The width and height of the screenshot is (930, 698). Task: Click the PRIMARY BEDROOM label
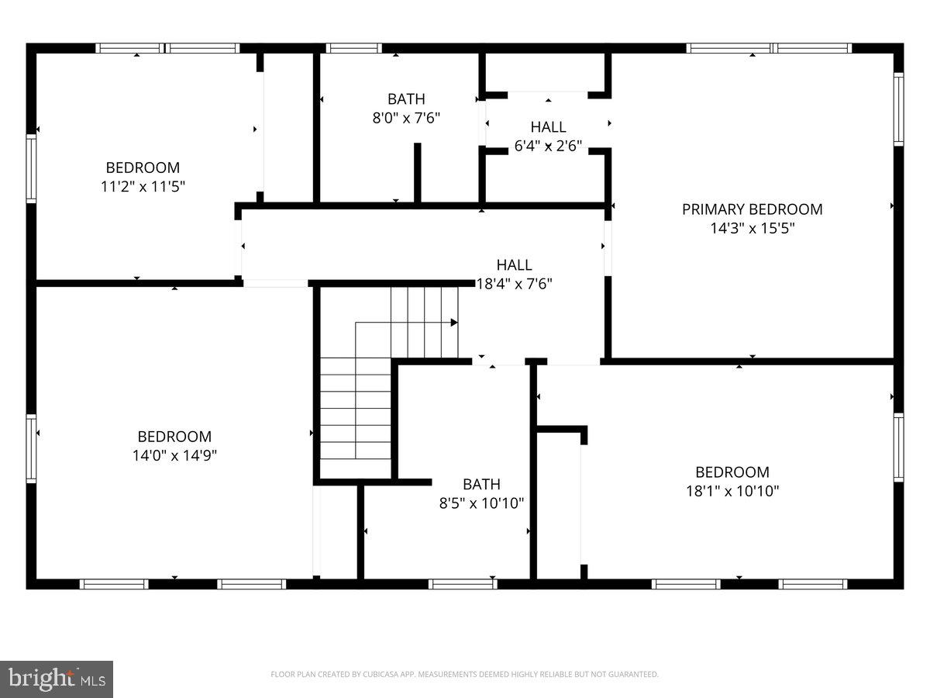(752, 209)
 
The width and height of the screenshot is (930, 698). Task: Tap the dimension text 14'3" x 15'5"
(752, 229)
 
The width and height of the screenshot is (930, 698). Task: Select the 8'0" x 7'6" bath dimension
(406, 119)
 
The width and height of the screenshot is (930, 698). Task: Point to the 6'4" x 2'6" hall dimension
(548, 146)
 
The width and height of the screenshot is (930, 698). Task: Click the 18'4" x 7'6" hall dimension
(514, 284)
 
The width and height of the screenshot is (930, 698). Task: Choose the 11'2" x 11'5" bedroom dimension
(143, 187)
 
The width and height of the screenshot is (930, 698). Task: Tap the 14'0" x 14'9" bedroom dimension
(174, 456)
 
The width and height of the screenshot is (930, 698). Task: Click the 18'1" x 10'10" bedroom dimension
(732, 491)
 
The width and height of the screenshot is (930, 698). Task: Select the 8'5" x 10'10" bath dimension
(481, 503)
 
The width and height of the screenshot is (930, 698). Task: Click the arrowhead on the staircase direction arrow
(454, 322)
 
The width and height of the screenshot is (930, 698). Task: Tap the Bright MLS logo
(57, 679)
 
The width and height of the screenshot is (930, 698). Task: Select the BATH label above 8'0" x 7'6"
(406, 99)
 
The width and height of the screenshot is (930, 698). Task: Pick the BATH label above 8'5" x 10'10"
(481, 485)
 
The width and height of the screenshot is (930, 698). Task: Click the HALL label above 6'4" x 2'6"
(548, 126)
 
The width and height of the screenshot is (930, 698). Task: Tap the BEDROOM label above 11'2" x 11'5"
(143, 168)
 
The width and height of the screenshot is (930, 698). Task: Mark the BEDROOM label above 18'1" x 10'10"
(732, 472)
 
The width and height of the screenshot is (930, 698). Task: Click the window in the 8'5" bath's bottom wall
(463, 584)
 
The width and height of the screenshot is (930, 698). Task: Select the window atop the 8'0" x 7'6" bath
(353, 48)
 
